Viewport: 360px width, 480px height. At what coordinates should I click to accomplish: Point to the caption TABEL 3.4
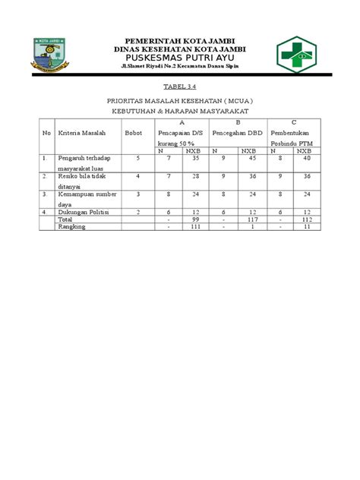(x=180, y=87)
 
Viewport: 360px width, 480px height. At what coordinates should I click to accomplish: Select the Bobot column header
(x=134, y=132)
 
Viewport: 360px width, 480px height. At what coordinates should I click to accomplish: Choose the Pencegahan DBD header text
(x=238, y=132)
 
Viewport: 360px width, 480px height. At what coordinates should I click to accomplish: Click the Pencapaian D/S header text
(x=180, y=132)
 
